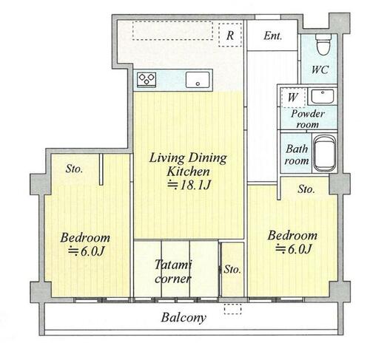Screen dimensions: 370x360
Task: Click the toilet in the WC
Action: (323, 44)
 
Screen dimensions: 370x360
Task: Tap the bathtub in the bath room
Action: (325, 153)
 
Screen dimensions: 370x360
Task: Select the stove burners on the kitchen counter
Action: (147, 79)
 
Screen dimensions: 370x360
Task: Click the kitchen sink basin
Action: (198, 80)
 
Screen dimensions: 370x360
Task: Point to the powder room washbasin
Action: (323, 96)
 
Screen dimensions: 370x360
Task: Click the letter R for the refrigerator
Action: (230, 35)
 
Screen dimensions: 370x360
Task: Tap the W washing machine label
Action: (293, 97)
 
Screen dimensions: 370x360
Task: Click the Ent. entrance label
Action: (272, 36)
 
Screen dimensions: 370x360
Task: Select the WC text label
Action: (320, 69)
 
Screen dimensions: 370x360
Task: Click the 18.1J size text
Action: (189, 185)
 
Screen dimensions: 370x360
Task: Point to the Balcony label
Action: (184, 318)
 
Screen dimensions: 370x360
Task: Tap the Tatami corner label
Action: (173, 272)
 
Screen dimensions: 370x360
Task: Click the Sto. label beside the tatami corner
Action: (232, 270)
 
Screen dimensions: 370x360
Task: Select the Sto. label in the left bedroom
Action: (74, 169)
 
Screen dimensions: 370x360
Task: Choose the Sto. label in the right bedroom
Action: (306, 189)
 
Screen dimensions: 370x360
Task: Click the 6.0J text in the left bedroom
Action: (87, 251)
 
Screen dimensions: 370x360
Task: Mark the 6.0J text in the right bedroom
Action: (294, 249)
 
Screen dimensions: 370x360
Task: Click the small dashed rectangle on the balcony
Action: (233, 309)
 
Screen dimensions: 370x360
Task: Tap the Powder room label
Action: (308, 119)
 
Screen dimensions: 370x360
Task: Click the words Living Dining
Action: (188, 158)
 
